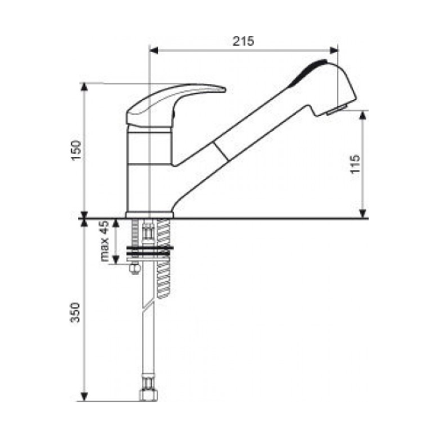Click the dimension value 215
[243, 41]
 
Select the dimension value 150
[76, 150]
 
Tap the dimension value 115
[355, 164]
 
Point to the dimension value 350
[76, 313]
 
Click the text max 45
[104, 241]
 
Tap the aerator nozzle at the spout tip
[336, 110]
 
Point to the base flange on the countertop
[149, 215]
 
